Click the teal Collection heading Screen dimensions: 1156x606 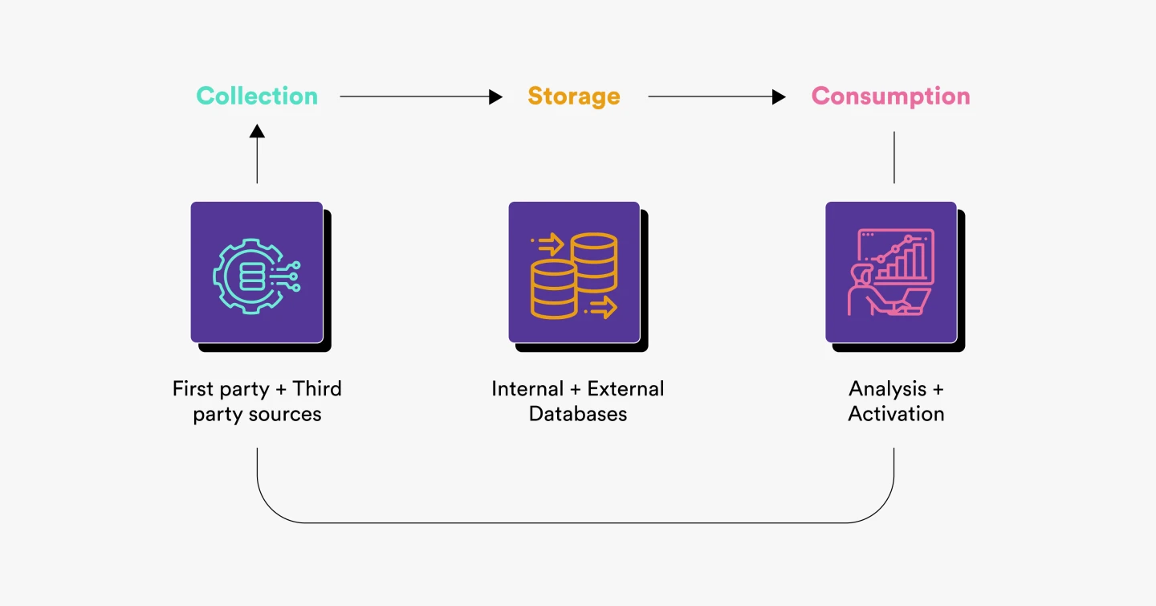(257, 96)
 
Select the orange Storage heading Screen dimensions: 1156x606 (574, 96)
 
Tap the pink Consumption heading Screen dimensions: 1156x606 (891, 96)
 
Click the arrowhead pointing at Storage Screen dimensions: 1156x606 (495, 96)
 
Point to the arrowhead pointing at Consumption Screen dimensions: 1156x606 (779, 96)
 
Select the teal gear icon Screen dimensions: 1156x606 (257, 276)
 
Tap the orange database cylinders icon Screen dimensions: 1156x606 (574, 276)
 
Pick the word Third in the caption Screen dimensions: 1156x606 (317, 389)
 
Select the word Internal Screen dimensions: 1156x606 (527, 389)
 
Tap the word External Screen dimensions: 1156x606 (625, 389)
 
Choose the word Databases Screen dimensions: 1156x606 (578, 414)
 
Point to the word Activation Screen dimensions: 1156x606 (896, 414)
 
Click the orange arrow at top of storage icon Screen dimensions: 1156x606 (547, 244)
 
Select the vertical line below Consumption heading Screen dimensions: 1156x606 (893, 157)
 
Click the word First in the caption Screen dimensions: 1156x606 (193, 389)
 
